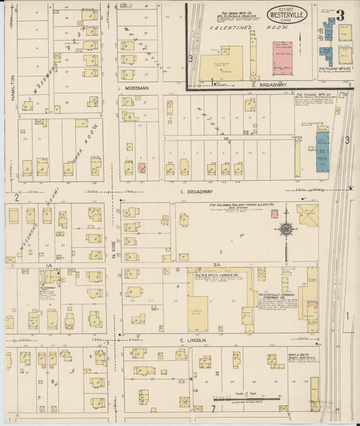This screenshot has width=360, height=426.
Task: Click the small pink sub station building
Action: click(274, 214)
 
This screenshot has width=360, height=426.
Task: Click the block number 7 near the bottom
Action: click(213, 409)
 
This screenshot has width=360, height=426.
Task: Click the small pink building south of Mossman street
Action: click(142, 167)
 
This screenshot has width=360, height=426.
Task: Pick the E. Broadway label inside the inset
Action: click(273, 84)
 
